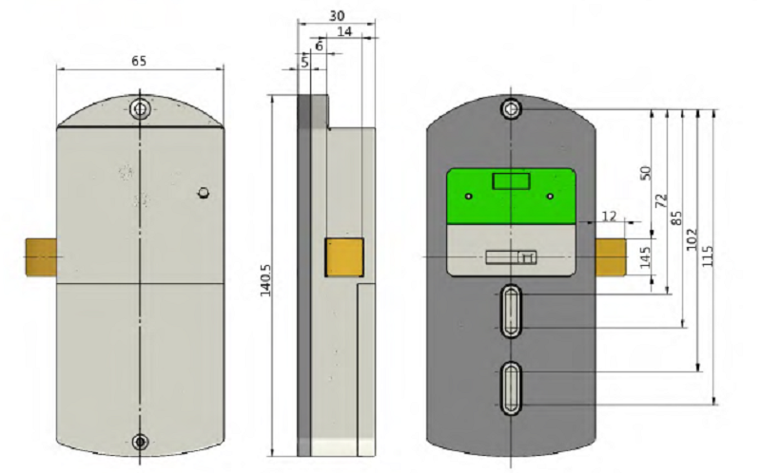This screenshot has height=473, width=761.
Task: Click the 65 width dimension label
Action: tap(139, 61)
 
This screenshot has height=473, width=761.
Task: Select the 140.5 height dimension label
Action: tap(265, 280)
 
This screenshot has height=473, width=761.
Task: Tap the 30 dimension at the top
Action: tap(337, 15)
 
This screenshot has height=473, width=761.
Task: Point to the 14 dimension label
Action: tap(344, 32)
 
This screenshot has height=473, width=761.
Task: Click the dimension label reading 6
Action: tap(319, 46)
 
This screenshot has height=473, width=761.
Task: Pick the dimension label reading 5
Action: tap(304, 62)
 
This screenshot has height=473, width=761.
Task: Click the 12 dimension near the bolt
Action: tap(609, 217)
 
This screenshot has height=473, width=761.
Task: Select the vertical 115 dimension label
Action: tap(708, 255)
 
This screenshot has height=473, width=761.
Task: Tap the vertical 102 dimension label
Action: tap(693, 239)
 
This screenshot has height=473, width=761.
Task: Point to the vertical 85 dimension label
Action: tap(676, 218)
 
